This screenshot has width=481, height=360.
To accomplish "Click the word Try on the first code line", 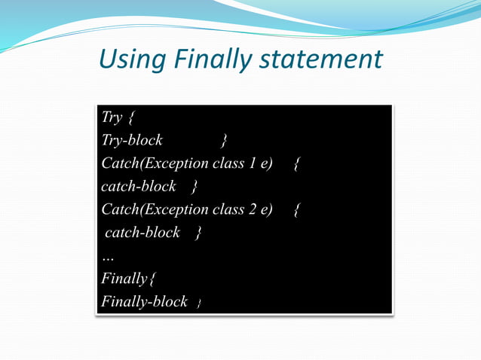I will (112, 117).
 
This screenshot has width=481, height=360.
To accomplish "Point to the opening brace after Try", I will (131, 118).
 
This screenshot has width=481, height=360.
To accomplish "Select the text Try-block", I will (132, 140).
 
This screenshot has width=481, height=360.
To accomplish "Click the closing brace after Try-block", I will (225, 141).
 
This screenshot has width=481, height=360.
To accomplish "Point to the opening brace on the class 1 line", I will (297, 164).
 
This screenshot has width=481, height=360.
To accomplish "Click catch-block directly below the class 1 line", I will (138, 186).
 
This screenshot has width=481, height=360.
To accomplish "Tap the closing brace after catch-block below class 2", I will (198, 233).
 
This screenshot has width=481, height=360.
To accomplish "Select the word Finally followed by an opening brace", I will (124, 279).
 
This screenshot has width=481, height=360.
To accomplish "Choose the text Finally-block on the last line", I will (144, 301).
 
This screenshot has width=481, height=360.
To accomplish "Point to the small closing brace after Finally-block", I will (199, 304).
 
